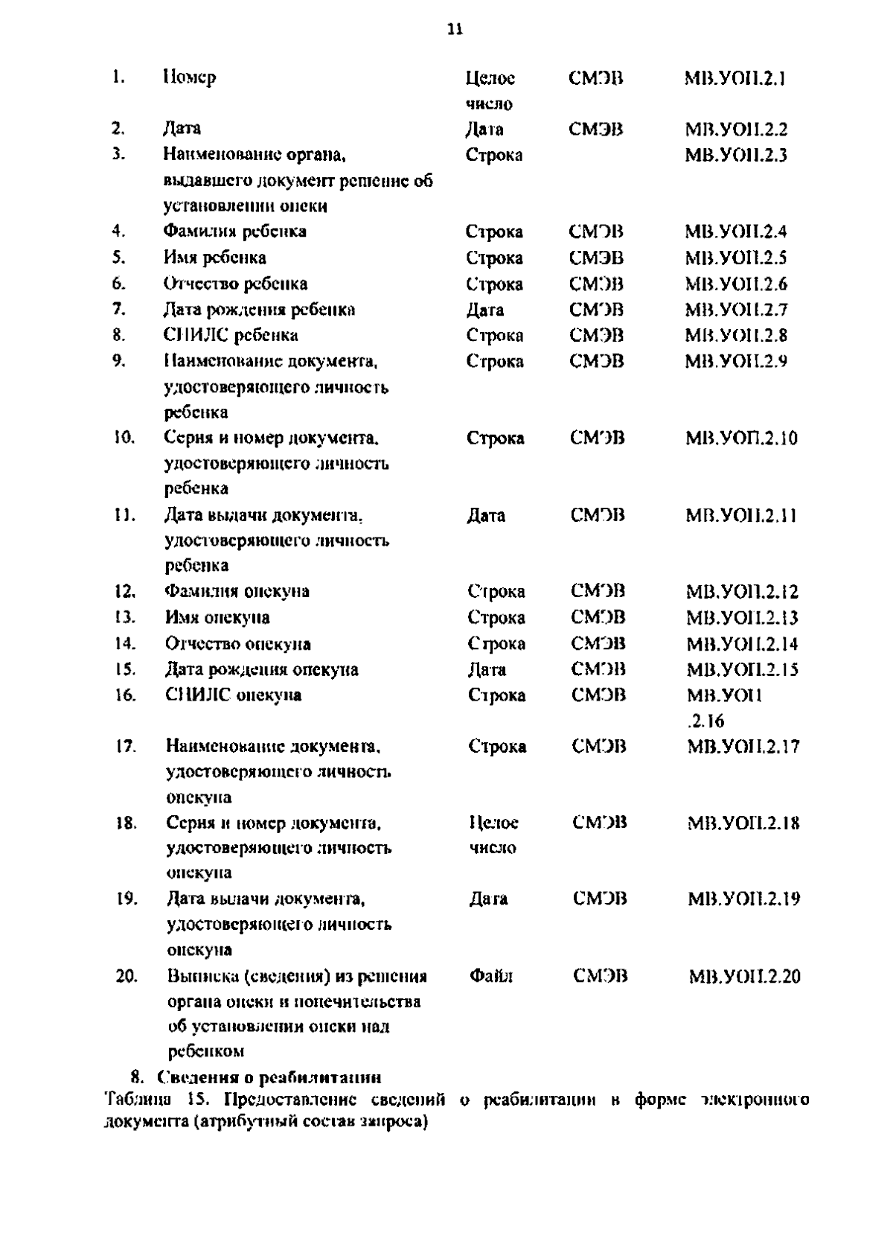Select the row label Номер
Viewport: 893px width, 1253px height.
(x=189, y=77)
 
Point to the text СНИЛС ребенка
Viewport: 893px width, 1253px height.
(x=231, y=335)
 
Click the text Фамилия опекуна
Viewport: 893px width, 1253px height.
(x=237, y=591)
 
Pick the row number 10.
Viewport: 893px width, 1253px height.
(x=124, y=438)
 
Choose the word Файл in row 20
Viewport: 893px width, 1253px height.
(x=491, y=975)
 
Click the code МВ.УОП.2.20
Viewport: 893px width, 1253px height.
(x=743, y=976)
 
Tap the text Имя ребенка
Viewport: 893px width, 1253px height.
(x=214, y=258)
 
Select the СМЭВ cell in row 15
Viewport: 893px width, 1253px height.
(x=598, y=669)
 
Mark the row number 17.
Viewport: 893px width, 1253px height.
(x=126, y=745)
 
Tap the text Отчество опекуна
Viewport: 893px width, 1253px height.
(x=237, y=643)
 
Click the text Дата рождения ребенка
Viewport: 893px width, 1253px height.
(x=259, y=309)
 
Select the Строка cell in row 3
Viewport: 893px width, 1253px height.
(x=494, y=155)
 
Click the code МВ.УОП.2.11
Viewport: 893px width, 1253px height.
(x=740, y=515)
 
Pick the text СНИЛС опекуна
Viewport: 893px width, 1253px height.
(x=232, y=695)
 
